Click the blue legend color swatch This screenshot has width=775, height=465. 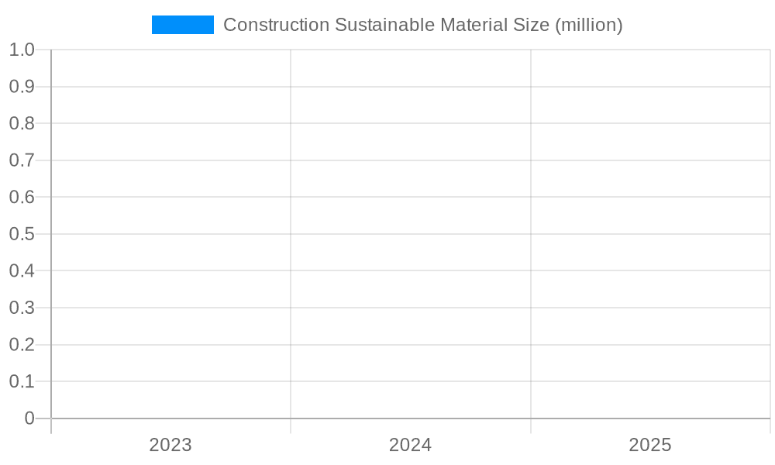pos(182,25)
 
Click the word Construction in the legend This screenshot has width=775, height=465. pos(276,25)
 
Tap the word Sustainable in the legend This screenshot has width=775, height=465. pos(384,25)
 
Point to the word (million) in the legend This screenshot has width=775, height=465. pos(589,25)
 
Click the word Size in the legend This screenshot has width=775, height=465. pos(533,25)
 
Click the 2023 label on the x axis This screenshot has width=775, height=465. pos(170,445)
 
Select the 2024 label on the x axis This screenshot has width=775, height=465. pos(411,445)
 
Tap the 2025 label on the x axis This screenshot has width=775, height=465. pos(650,445)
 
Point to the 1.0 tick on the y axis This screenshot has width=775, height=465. pos(22,50)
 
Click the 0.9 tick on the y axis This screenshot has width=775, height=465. pos(22,87)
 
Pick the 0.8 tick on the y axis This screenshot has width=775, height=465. pos(22,123)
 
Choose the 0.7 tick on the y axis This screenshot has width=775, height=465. pos(22,160)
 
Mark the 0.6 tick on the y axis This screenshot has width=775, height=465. pos(22,197)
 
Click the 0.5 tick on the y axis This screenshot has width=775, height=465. pos(22,234)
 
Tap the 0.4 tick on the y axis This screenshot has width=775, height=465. pos(22,270)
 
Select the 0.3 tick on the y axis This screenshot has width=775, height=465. pos(22,308)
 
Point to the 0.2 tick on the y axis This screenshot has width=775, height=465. pos(22,344)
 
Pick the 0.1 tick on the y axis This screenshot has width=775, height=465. pos(22,381)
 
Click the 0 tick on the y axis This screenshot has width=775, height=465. pos(29,418)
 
